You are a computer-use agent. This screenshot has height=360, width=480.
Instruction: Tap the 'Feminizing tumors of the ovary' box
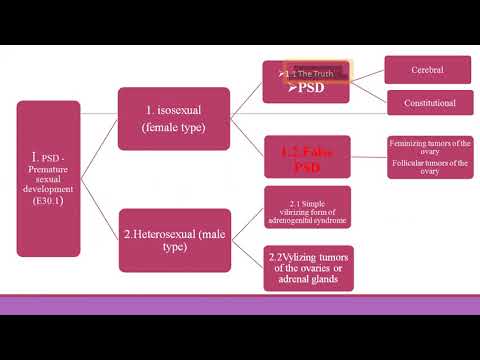(431, 147)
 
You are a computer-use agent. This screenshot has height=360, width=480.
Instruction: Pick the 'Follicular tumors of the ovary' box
(431, 166)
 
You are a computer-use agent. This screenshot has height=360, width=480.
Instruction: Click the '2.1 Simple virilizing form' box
(307, 206)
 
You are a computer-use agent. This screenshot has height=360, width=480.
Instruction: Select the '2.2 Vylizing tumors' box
(307, 268)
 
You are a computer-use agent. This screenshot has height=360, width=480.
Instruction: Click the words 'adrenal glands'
(307, 280)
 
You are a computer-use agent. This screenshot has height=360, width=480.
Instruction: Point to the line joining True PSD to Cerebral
(368, 77)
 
